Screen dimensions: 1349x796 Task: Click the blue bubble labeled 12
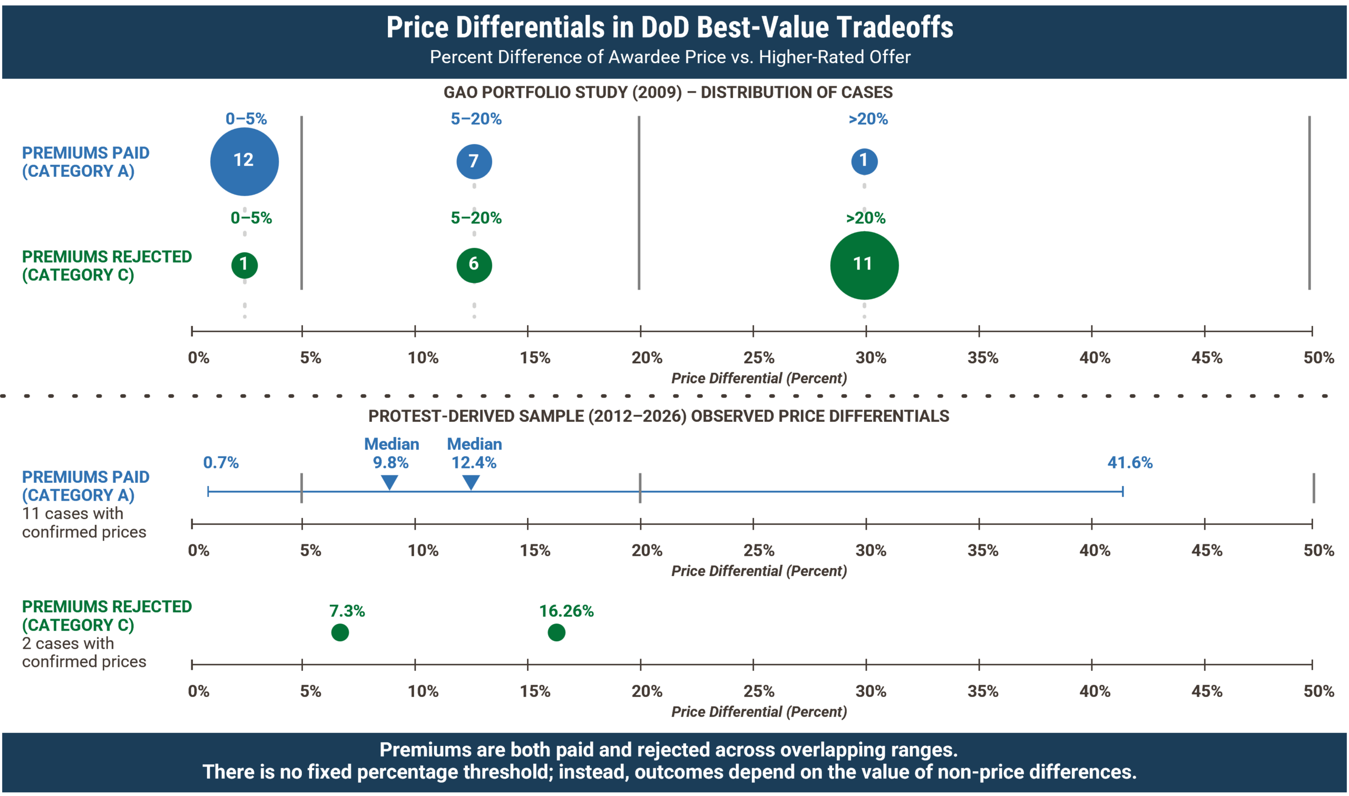pyautogui.click(x=245, y=161)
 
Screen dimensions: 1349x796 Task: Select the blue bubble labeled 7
pyautogui.click(x=474, y=161)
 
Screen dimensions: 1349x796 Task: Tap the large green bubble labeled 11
pyautogui.click(x=864, y=265)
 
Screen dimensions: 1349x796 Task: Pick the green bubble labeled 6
pyautogui.click(x=474, y=264)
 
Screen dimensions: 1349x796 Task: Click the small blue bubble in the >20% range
pyautogui.click(x=864, y=161)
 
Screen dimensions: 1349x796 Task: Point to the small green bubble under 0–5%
pyautogui.click(x=245, y=265)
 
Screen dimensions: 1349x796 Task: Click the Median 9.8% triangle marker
pyautogui.click(x=390, y=482)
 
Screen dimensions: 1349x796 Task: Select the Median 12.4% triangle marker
pyautogui.click(x=471, y=482)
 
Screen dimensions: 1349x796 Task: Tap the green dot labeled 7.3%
pyautogui.click(x=340, y=632)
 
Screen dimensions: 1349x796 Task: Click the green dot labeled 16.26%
pyautogui.click(x=556, y=632)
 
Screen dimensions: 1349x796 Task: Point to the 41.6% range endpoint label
pyautogui.click(x=1129, y=462)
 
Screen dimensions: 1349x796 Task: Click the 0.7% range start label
pyautogui.click(x=221, y=462)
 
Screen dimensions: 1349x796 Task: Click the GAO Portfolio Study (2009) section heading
pyautogui.click(x=668, y=92)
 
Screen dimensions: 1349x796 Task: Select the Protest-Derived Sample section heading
pyautogui.click(x=658, y=416)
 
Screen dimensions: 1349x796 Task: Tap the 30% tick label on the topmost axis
pyautogui.click(x=870, y=358)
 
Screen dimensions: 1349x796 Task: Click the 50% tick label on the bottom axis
pyautogui.click(x=1318, y=691)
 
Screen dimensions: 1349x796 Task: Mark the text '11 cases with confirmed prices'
pyautogui.click(x=84, y=522)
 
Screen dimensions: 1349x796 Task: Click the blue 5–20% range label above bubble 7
pyautogui.click(x=476, y=118)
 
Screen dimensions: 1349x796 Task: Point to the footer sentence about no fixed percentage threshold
pyautogui.click(x=669, y=772)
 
